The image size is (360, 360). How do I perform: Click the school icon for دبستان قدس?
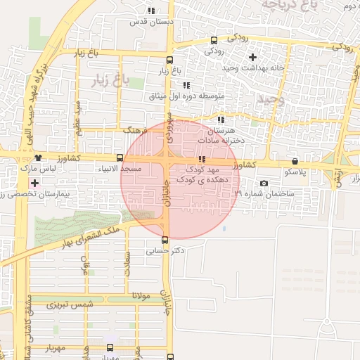click(x=151, y=11)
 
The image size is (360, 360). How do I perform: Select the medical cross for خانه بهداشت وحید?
click(x=252, y=56)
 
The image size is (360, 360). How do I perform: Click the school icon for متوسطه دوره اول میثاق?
click(x=186, y=85)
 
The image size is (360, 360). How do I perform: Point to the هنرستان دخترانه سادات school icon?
click(x=221, y=120)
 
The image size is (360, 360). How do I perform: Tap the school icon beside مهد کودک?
click(x=202, y=160)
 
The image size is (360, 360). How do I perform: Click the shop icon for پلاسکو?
click(x=294, y=160)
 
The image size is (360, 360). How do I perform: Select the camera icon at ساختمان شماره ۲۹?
click(x=264, y=184)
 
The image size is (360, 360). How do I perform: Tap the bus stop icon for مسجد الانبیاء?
click(x=120, y=158)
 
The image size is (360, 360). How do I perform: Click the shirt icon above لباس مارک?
click(x=37, y=158)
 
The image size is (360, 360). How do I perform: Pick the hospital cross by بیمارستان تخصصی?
click(x=34, y=183)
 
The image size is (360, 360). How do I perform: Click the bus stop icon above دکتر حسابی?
click(x=165, y=240)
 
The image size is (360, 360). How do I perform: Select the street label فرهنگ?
click(x=134, y=131)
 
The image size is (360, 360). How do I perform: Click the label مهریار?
click(x=60, y=348)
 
